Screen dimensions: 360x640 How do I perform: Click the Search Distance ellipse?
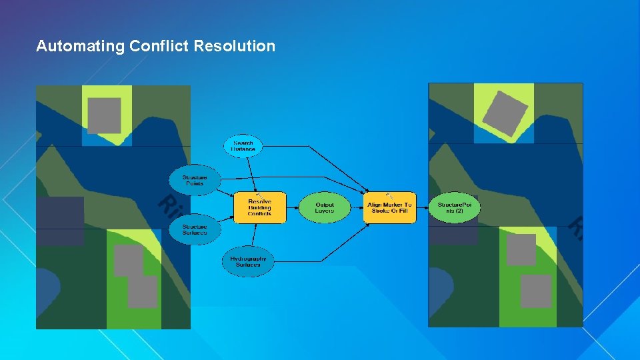click(243, 146)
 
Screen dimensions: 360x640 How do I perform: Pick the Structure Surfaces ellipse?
click(195, 229)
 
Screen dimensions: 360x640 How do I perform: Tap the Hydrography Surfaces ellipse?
click(248, 262)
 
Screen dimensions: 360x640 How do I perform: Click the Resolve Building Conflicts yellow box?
click(259, 208)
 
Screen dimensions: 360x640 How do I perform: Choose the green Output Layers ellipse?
click(324, 208)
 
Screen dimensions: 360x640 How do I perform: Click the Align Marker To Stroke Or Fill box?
click(389, 208)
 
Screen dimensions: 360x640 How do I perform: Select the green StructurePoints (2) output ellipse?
click(454, 208)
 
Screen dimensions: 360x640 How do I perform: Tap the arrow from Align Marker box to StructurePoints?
click(422, 208)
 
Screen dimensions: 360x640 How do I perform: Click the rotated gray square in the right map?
click(505, 114)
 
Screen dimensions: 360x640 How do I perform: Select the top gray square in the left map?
click(105, 115)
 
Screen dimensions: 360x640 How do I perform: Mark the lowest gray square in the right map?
click(535, 291)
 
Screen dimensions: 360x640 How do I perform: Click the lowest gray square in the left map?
click(142, 292)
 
